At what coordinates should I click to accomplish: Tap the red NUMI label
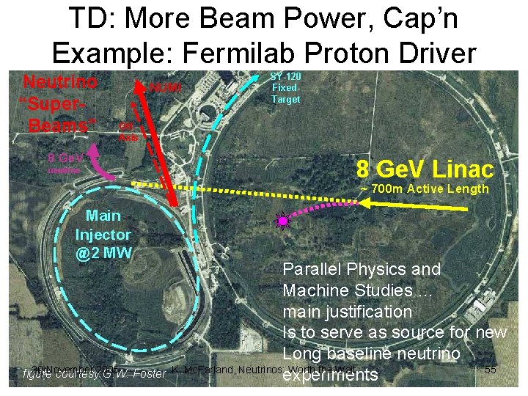[164, 88]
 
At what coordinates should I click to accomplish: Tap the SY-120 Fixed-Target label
[285, 87]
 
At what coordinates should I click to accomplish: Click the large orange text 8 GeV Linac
[425, 169]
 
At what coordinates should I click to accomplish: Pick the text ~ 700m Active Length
[424, 189]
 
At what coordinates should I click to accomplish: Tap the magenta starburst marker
[282, 220]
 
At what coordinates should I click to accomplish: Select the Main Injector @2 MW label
[103, 235]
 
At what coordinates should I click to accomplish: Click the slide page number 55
[491, 370]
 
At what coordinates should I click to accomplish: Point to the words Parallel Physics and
[362, 269]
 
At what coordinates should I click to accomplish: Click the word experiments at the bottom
[330, 375]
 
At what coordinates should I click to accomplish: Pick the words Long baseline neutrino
[372, 354]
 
